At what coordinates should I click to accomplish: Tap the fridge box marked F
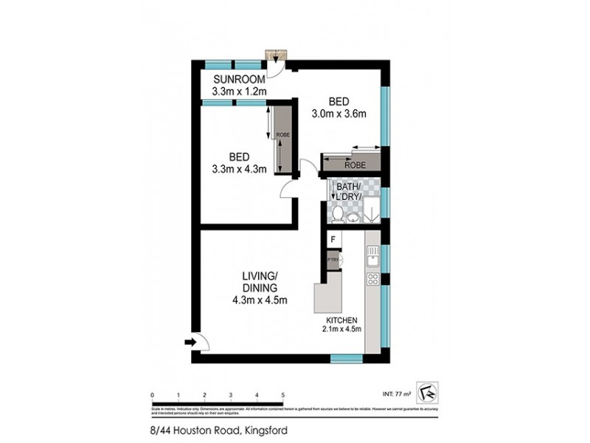333,240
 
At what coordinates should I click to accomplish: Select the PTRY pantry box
333,260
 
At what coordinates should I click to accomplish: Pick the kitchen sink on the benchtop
373,255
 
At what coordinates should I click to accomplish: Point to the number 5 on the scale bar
283,395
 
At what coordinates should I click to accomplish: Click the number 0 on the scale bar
151,395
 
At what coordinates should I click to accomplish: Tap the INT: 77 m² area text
394,394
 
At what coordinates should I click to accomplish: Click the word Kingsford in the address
267,431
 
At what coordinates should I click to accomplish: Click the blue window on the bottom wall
345,358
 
